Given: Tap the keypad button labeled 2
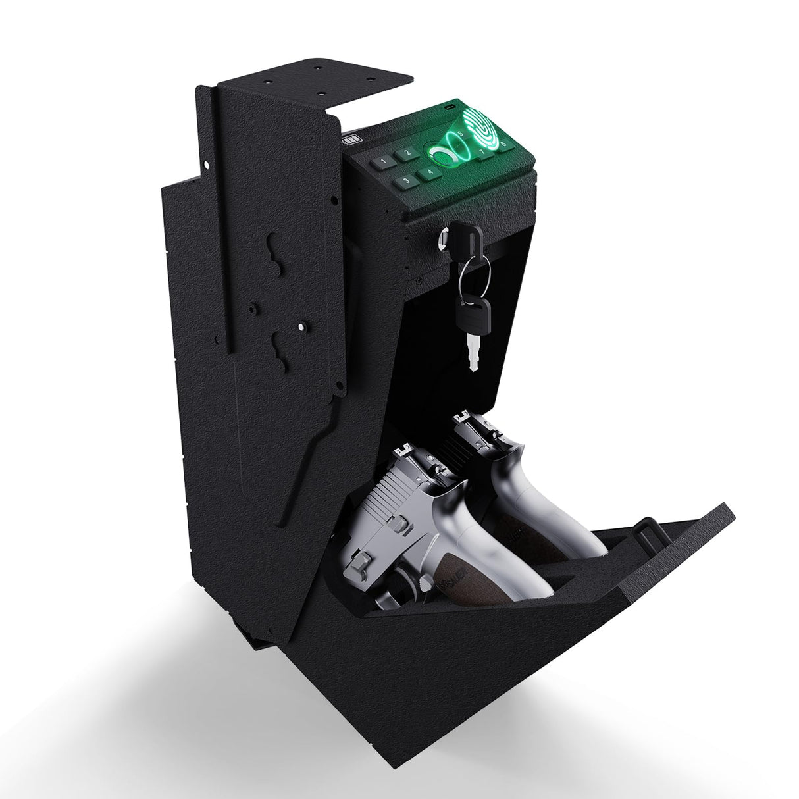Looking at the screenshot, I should coord(407,154).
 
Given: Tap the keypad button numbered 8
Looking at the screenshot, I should coord(503,143).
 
